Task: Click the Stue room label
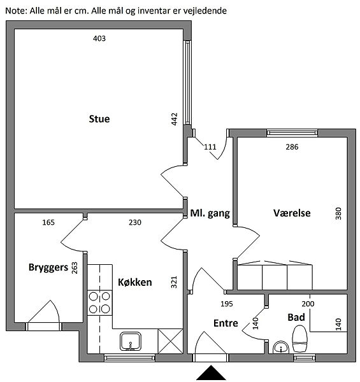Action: coord(99,119)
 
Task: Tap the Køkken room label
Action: coord(135,282)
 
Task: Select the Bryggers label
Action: coord(48,267)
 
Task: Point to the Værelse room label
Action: coord(292,213)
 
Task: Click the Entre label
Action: coord(226,323)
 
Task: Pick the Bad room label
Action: coord(296,318)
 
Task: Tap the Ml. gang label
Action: coord(210,213)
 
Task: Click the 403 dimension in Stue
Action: coord(99,38)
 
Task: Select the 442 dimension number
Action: coord(175,119)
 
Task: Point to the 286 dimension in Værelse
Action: coord(292,147)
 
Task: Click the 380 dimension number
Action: coord(338,213)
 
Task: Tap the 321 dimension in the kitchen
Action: coord(174,282)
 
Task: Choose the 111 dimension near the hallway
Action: coord(210,147)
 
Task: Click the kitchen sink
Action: coord(131,341)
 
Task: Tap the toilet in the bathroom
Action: coord(300,339)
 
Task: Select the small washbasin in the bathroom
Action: coord(281,347)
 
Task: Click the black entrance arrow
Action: coord(211,372)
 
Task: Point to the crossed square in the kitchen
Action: coord(170,341)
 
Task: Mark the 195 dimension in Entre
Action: coord(227,304)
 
